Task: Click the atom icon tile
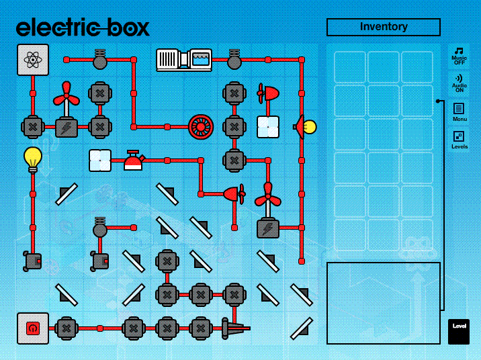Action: click(33, 60)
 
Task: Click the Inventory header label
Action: click(383, 27)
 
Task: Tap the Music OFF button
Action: click(460, 55)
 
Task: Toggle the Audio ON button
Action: click(460, 83)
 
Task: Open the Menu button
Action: click(460, 111)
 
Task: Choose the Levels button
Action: click(460, 140)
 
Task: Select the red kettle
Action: click(133, 161)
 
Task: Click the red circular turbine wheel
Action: click(200, 126)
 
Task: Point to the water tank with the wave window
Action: click(200, 60)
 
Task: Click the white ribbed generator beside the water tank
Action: click(172, 60)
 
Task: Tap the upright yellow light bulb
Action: click(33, 159)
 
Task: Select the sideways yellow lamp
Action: click(306, 126)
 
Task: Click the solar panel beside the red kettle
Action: click(100, 161)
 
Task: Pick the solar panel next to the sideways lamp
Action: click(267, 126)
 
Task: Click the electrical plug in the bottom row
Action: click(232, 328)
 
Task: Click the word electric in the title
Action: click(59, 28)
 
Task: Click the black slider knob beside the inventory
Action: click(437, 101)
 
